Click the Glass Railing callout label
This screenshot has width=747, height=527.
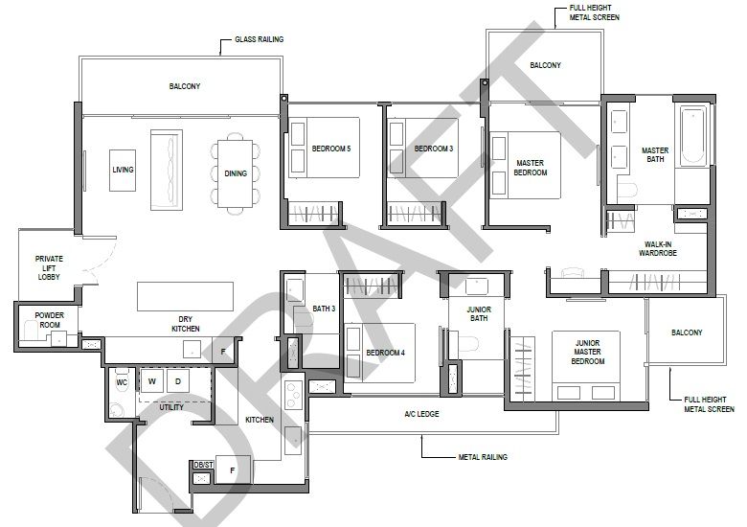click(260, 39)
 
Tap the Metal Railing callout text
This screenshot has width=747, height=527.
click(483, 457)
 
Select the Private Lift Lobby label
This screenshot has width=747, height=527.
click(49, 267)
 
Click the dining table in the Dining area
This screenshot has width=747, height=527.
click(236, 173)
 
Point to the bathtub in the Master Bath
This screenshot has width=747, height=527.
click(693, 137)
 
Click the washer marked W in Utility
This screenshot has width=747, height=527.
click(152, 381)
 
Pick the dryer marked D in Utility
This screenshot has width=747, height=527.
click(178, 381)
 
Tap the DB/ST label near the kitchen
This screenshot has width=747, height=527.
click(203, 465)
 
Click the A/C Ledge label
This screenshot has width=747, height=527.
click(421, 414)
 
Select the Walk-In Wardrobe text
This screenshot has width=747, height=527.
click(658, 249)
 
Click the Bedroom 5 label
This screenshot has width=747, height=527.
click(331, 149)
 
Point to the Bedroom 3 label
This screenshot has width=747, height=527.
click(434, 149)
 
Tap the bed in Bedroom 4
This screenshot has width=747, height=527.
click(379, 353)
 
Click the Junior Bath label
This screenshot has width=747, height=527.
click(479, 313)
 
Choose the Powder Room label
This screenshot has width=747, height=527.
click(50, 320)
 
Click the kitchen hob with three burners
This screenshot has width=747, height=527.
click(293, 395)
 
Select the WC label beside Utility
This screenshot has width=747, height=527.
click(122, 382)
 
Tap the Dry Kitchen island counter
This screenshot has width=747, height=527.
click(186, 296)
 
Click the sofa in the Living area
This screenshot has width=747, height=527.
click(167, 171)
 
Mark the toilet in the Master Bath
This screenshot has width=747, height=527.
click(627, 190)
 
